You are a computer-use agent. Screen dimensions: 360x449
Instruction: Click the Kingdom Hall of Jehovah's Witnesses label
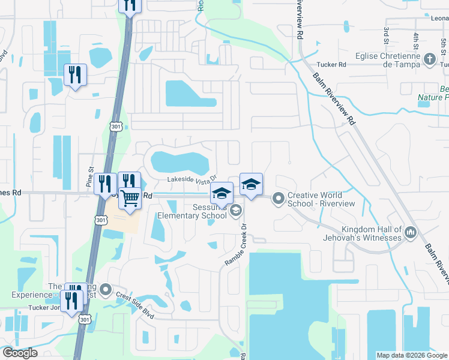click(372, 233)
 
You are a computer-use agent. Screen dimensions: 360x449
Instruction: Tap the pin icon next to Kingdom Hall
click(411, 232)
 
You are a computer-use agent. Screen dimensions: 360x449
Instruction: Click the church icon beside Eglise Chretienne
click(429, 59)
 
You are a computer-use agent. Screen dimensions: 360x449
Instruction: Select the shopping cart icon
click(130, 198)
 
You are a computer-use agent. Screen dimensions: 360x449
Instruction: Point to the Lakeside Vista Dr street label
click(190, 179)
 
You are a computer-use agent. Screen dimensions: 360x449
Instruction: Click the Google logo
click(20, 353)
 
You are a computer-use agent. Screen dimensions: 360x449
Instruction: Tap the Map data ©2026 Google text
click(411, 355)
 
